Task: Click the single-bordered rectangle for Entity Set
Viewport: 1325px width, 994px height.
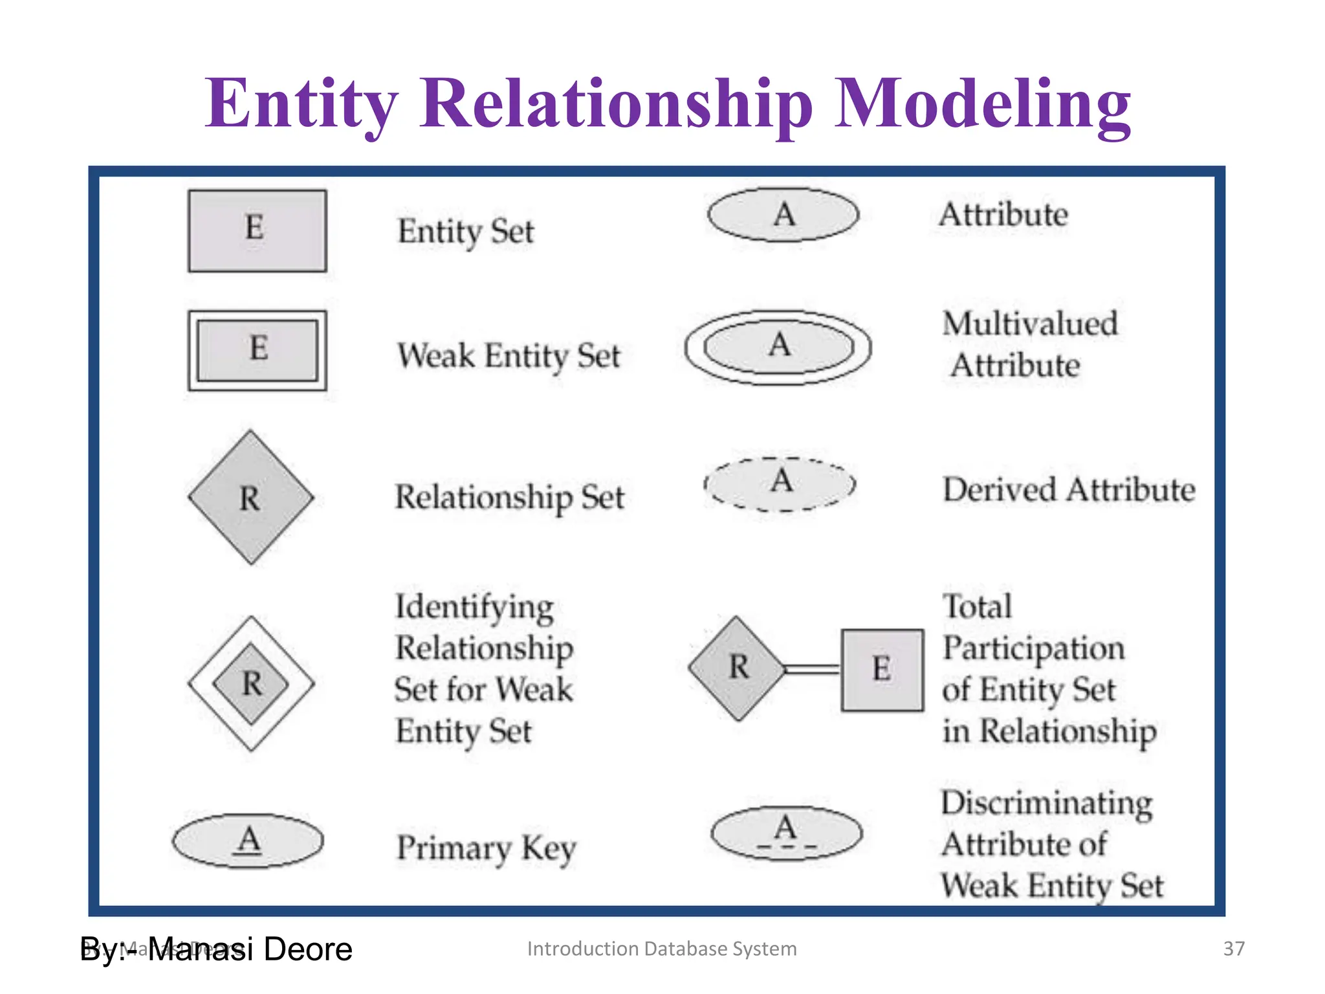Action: [x=257, y=230]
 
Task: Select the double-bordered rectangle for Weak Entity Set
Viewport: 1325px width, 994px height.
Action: [x=257, y=350]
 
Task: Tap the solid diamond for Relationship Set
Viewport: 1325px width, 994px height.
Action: [x=251, y=497]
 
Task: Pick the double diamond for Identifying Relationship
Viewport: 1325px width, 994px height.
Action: [x=251, y=683]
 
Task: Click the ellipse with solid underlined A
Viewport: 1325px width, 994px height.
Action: [x=248, y=841]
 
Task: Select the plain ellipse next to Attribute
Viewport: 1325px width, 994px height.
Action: [x=783, y=215]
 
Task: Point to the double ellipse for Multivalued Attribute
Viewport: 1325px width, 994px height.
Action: [x=778, y=348]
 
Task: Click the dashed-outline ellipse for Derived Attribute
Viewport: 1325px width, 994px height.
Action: [x=780, y=484]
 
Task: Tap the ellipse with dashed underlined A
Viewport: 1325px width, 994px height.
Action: [x=786, y=833]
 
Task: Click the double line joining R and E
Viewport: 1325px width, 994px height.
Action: [x=812, y=669]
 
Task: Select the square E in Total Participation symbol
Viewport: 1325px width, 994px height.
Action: [x=882, y=670]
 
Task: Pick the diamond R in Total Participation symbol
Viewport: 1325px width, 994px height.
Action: [x=738, y=668]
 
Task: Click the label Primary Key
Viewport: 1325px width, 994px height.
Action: [x=486, y=848]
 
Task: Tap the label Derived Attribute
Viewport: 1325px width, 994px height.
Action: [x=1068, y=490]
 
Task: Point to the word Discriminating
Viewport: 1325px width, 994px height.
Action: [x=1046, y=803]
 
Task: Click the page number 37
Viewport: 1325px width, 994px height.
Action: [x=1233, y=949]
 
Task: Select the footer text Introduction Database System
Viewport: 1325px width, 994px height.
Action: [x=661, y=949]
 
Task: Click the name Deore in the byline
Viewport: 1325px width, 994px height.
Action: [x=308, y=949]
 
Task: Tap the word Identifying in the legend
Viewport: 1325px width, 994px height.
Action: [x=474, y=607]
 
